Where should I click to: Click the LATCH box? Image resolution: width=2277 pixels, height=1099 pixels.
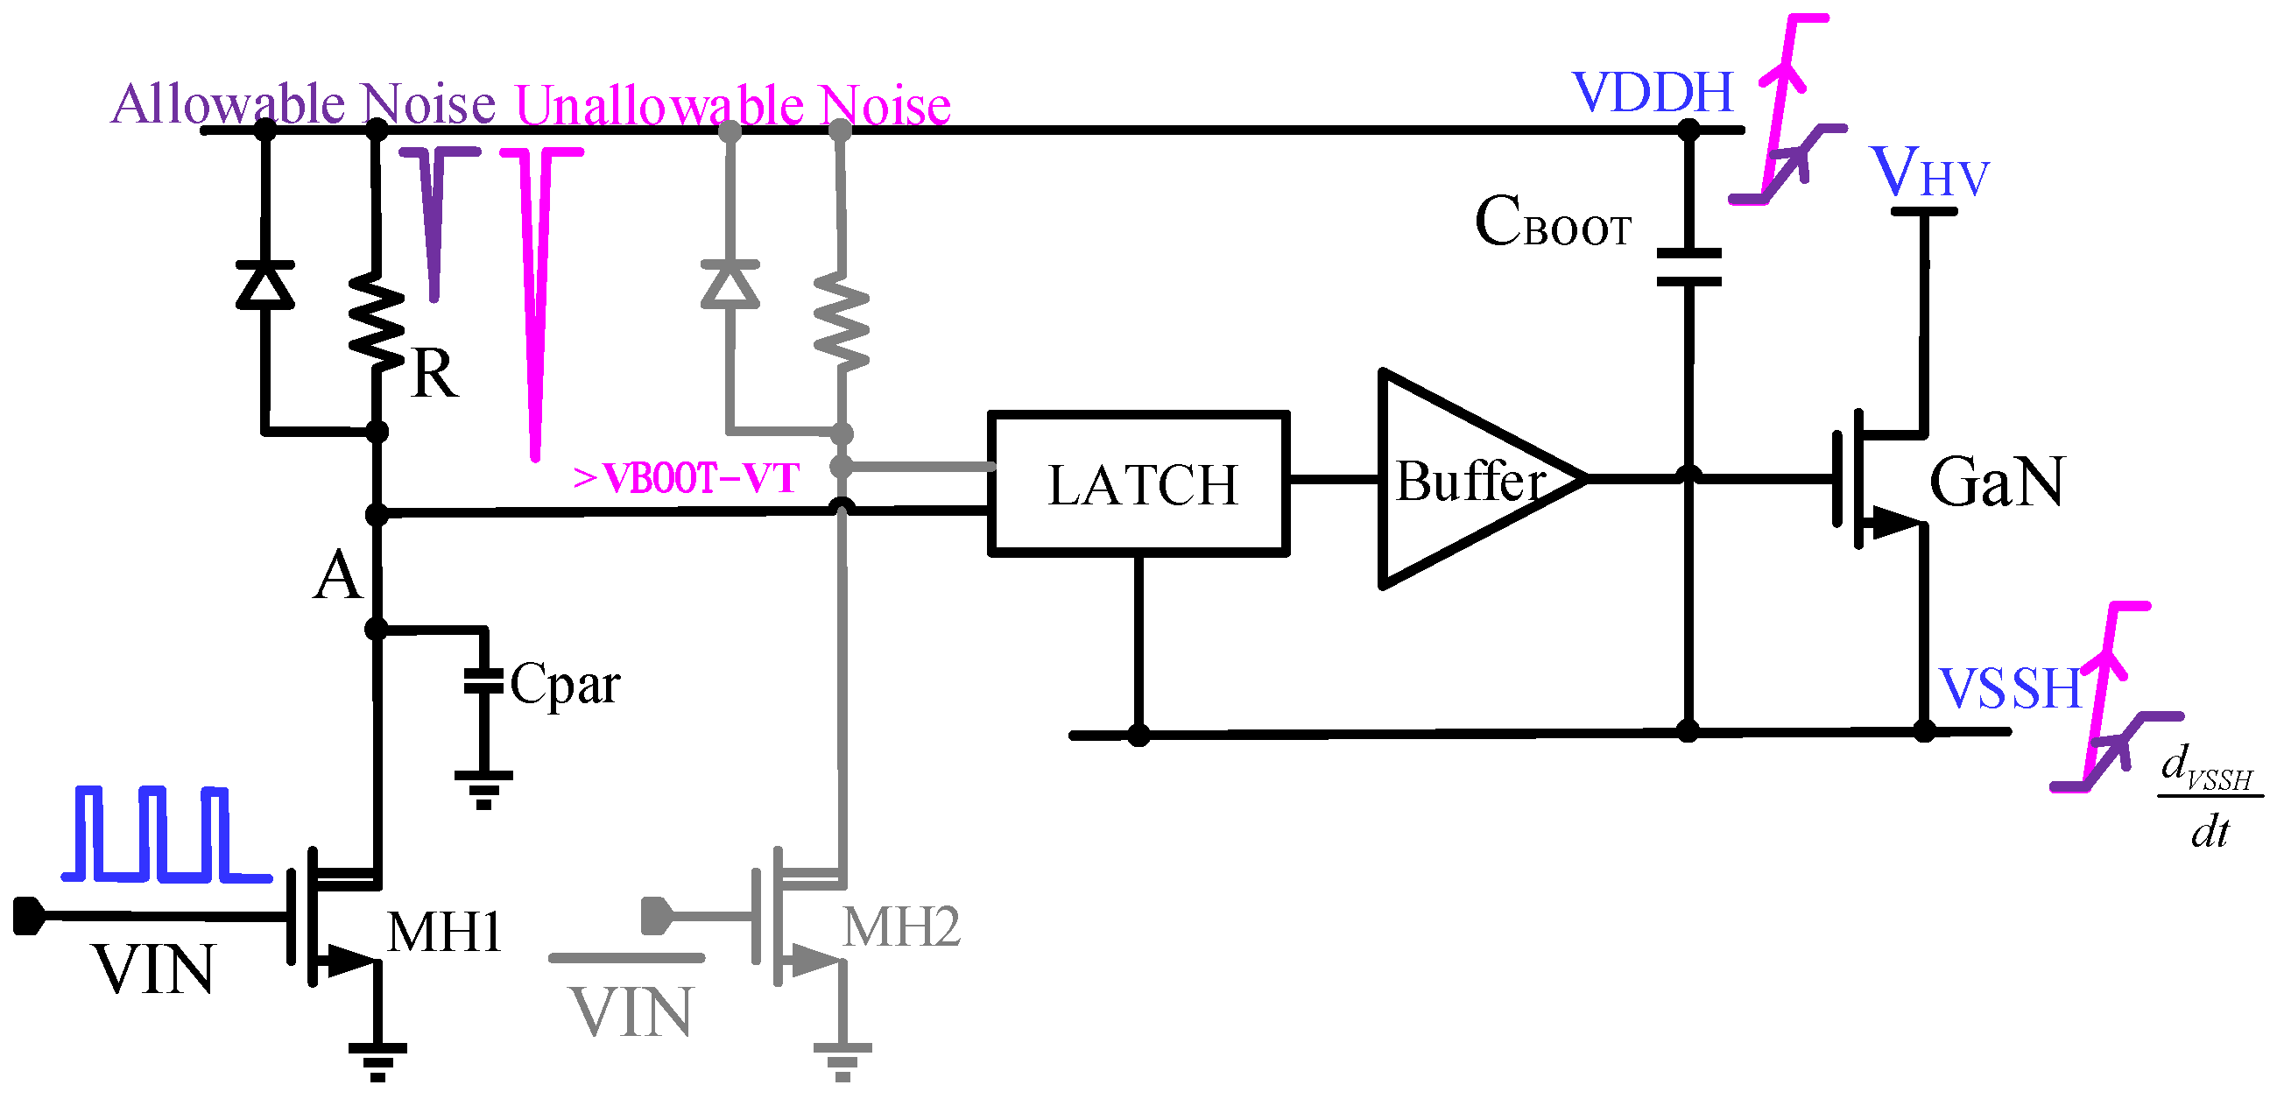coord(1138,483)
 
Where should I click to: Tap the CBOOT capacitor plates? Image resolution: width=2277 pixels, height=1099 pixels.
coord(1688,267)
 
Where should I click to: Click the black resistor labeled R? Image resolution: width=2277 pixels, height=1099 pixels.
coord(377,318)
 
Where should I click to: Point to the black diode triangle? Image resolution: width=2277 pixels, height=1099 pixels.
coord(265,285)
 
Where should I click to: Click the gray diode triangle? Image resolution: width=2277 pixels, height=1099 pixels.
coord(730,285)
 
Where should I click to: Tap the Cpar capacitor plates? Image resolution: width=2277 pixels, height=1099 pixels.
coord(483,681)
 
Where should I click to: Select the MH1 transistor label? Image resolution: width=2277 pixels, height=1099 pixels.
coord(445,932)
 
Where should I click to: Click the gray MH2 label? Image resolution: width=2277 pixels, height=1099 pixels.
coord(900,927)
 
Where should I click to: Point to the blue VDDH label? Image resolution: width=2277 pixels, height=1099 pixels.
coord(1653,92)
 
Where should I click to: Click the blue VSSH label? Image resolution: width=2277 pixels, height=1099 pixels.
coord(2011,689)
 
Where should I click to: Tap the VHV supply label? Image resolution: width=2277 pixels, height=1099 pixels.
coord(1928,173)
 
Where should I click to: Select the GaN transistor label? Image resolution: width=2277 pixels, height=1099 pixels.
coord(1996,482)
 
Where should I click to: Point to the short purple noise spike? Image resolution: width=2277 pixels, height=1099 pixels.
coord(434,221)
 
